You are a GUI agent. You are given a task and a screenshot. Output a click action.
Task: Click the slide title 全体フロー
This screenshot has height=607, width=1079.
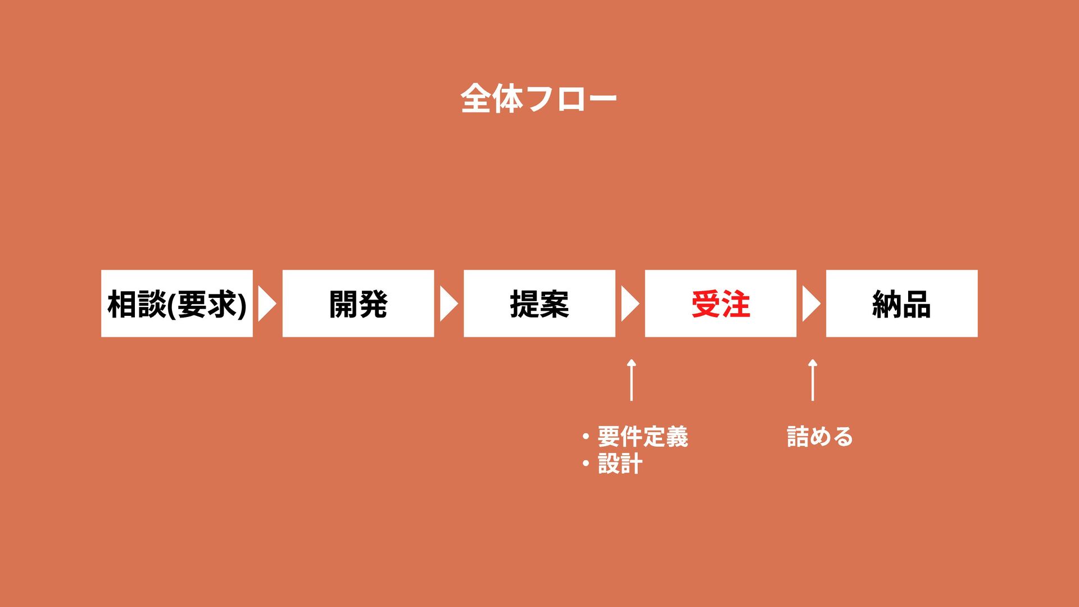pyautogui.click(x=538, y=99)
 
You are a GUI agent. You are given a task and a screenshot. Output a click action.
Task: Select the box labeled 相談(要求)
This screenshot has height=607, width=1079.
pyautogui.click(x=176, y=303)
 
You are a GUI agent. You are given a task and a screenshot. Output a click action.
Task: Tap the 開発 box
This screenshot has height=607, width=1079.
pyautogui.click(x=358, y=303)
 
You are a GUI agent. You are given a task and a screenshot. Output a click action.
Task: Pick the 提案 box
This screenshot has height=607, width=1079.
pyautogui.click(x=539, y=303)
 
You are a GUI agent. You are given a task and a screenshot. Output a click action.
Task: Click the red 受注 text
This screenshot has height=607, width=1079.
pyautogui.click(x=720, y=304)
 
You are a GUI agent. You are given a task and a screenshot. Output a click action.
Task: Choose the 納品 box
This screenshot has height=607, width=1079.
pyautogui.click(x=901, y=303)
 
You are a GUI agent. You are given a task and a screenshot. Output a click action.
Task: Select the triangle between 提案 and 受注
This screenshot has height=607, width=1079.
pyautogui.click(x=629, y=303)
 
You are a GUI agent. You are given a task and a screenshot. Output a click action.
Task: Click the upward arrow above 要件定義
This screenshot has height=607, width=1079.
pyautogui.click(x=632, y=380)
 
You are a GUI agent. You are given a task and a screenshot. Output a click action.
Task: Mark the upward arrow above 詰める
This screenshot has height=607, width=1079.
pyautogui.click(x=813, y=380)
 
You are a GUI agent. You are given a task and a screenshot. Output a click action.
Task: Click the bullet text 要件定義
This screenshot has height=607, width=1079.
pyautogui.click(x=642, y=437)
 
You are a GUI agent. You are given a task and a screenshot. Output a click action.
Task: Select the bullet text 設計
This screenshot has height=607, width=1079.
pyautogui.click(x=620, y=464)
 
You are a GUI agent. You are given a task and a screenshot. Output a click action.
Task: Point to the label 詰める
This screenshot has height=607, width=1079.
pyautogui.click(x=819, y=437)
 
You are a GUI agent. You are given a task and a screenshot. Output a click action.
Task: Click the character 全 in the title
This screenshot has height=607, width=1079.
pyautogui.click(x=476, y=99)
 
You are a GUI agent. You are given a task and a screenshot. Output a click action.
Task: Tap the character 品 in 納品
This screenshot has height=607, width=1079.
pyautogui.click(x=916, y=304)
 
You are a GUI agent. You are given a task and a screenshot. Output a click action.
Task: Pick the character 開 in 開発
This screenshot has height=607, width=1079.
pyautogui.click(x=343, y=304)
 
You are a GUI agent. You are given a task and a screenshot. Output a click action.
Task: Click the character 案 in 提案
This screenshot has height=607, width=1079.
pyautogui.click(x=554, y=304)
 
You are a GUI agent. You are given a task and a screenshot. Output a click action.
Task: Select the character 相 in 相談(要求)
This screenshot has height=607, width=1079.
pyautogui.click(x=122, y=304)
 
